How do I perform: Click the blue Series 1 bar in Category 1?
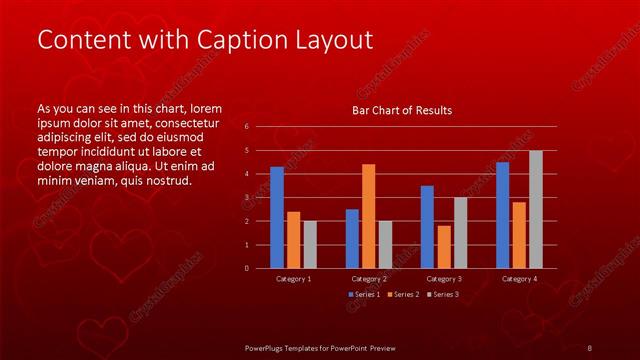point(277,217)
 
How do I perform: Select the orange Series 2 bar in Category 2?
point(369,216)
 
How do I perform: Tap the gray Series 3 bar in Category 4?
point(536,209)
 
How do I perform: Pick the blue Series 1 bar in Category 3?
point(427,227)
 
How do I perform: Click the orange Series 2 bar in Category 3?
point(444,247)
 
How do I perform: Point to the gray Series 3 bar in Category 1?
point(310,244)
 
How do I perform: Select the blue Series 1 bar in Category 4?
point(502,215)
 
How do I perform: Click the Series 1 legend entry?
point(364,294)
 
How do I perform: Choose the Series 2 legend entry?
point(402,294)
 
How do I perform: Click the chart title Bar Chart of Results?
point(402,110)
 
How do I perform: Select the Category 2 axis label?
point(369,279)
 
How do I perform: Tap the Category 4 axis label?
point(519,279)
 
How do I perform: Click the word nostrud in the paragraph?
point(166,181)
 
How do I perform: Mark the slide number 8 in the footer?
point(590,347)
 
